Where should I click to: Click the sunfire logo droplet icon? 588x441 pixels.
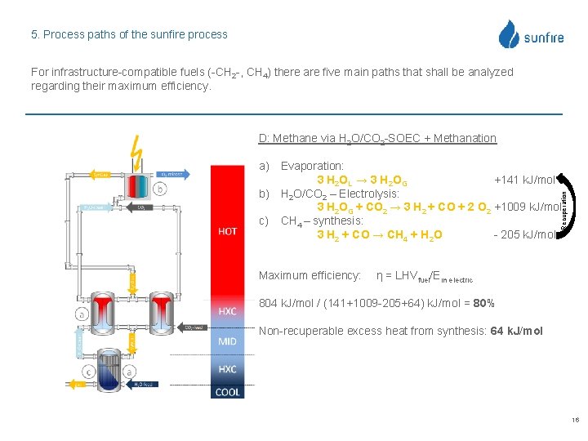coord(510,34)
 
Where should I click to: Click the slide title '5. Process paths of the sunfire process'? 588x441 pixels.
coord(129,34)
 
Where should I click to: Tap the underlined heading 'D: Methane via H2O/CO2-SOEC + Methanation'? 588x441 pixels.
coord(376,138)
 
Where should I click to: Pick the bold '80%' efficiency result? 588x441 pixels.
coord(483,304)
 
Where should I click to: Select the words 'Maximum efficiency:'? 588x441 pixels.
coord(310,275)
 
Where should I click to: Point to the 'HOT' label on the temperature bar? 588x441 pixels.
coord(228,231)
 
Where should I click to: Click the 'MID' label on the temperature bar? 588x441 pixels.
coord(228,341)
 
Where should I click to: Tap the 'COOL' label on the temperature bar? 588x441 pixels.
coord(228,392)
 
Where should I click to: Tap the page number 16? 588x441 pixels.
coord(575,420)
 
